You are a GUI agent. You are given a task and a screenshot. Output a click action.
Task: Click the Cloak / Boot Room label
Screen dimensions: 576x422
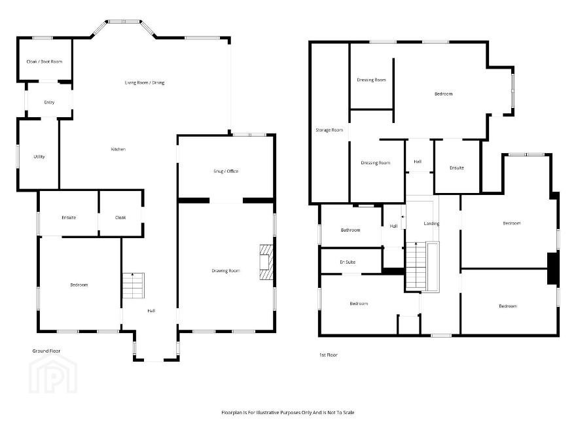(45, 62)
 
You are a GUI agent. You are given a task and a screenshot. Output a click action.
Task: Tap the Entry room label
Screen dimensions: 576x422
(49, 103)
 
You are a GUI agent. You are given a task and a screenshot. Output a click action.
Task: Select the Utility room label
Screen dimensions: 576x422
(39, 157)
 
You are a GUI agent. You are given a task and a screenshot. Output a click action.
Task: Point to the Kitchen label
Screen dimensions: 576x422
(118, 149)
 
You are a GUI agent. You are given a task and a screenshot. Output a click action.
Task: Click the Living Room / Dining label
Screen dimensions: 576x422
(145, 82)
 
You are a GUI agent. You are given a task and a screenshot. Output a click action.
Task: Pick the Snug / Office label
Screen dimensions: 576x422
(226, 171)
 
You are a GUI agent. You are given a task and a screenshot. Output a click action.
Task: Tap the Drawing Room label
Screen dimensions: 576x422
(226, 271)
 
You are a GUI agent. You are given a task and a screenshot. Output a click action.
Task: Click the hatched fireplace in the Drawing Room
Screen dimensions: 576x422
(266, 262)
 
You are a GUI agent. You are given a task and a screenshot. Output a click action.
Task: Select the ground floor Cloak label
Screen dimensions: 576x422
(120, 218)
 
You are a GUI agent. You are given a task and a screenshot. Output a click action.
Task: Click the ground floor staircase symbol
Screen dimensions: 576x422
(133, 286)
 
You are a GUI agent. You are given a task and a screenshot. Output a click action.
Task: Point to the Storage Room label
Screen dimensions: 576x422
(329, 130)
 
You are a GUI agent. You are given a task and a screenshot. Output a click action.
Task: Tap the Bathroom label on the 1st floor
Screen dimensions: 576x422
(350, 230)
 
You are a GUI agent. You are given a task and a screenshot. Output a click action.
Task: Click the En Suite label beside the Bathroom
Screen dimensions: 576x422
(348, 262)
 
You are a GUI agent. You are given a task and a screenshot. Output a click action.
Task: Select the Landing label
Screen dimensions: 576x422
(431, 223)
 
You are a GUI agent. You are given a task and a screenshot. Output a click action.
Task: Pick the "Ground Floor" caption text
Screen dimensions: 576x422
(46, 351)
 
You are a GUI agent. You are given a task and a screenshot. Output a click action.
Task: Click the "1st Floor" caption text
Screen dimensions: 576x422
(328, 355)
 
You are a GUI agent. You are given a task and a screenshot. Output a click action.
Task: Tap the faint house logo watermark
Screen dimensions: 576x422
(53, 374)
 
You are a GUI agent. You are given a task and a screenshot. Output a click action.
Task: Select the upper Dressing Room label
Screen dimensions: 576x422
(371, 80)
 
